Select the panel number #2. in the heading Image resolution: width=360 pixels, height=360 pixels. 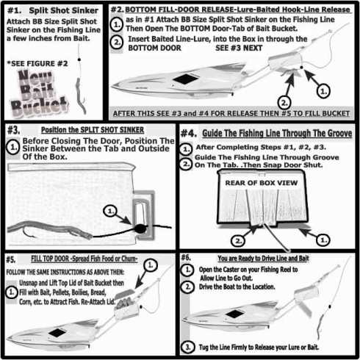click(x=118, y=10)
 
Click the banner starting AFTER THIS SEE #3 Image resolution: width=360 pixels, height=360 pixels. click(x=231, y=113)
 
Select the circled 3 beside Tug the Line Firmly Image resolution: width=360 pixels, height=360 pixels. click(x=188, y=348)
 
